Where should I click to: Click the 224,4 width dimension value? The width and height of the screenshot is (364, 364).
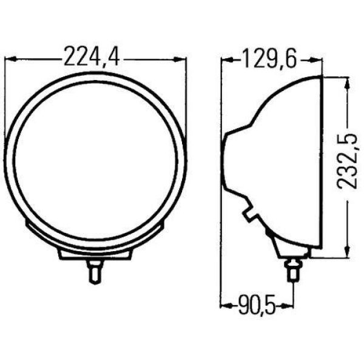coord(92,57)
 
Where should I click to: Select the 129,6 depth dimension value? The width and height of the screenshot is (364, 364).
coord(269,58)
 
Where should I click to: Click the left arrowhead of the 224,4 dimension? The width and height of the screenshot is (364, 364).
coord(10,59)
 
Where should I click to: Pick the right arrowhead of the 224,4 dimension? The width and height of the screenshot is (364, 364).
coord(180,59)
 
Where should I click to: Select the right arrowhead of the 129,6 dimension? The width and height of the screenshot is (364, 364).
coord(317,60)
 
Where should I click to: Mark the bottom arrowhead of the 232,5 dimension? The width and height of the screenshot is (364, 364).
coord(347,251)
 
